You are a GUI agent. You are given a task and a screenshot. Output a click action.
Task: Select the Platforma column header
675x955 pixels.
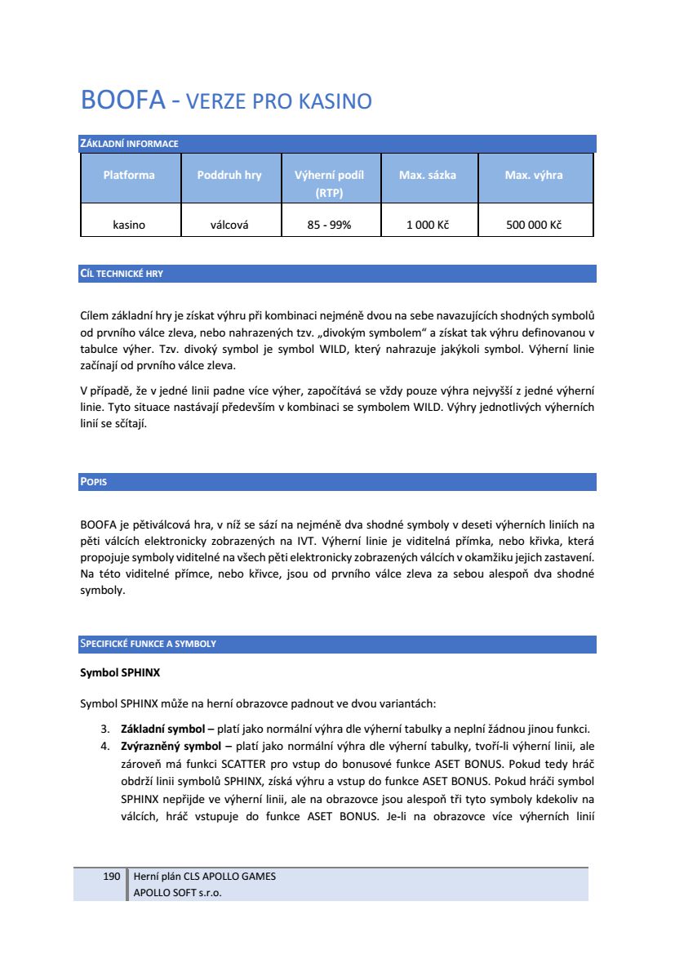click(129, 175)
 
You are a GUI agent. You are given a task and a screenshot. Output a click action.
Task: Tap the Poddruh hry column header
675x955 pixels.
click(229, 175)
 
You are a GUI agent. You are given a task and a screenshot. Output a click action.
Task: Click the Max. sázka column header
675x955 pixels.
click(428, 175)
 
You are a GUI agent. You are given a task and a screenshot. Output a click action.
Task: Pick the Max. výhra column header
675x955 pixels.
click(534, 175)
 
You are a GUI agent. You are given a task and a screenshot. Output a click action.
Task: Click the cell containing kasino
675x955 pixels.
click(129, 225)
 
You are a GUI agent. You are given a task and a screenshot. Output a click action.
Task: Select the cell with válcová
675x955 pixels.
click(229, 225)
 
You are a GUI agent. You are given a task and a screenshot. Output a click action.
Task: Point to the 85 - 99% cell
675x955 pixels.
click(329, 225)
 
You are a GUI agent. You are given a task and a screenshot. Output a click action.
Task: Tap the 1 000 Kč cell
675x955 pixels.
click(428, 225)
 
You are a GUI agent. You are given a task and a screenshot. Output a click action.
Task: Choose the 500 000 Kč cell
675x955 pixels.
click(534, 225)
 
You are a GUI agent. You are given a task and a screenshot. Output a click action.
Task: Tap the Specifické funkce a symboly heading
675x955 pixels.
click(148, 644)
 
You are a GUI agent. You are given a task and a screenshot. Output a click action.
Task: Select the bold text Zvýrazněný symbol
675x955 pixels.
click(170, 746)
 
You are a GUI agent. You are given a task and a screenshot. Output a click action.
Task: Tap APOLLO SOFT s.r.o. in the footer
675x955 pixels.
click(177, 892)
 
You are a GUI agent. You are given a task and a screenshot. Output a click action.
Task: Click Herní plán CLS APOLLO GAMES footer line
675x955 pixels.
click(204, 876)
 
